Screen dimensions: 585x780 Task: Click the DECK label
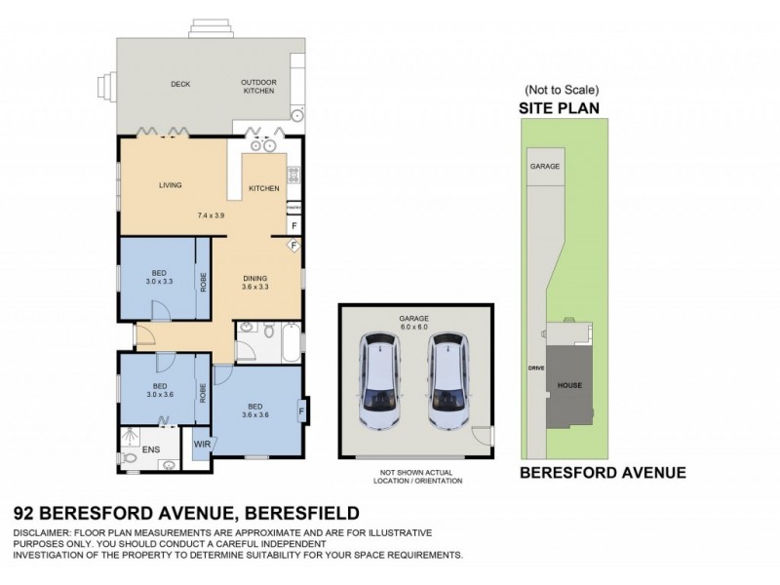point(179,84)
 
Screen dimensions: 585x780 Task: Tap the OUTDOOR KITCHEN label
point(259,87)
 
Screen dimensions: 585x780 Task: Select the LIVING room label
point(173,184)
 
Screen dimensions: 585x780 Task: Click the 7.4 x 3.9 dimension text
point(211,214)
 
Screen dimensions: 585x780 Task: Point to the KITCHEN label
point(264,187)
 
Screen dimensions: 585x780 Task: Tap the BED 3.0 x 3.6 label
point(157,390)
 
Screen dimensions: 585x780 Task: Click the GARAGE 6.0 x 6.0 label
point(414,322)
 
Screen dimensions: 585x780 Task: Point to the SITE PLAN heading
point(559,109)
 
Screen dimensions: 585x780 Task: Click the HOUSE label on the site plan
point(568,385)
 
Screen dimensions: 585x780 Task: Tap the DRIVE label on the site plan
point(533,370)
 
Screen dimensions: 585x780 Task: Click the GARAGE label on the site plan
point(545,166)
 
